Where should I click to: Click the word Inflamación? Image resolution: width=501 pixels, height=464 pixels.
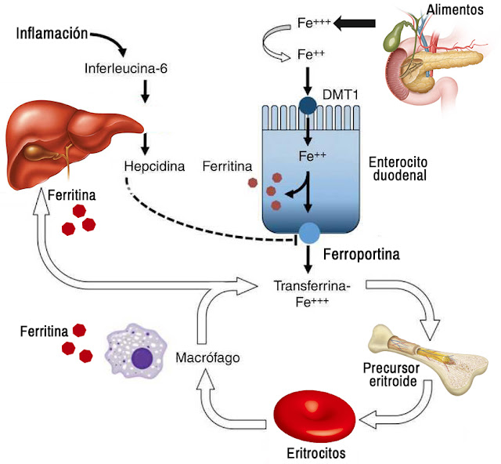(52, 35)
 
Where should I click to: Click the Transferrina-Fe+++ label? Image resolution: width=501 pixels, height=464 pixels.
(312, 292)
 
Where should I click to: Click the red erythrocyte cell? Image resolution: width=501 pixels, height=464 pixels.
(314, 415)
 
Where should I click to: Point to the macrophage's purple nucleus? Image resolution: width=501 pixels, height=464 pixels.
(142, 359)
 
